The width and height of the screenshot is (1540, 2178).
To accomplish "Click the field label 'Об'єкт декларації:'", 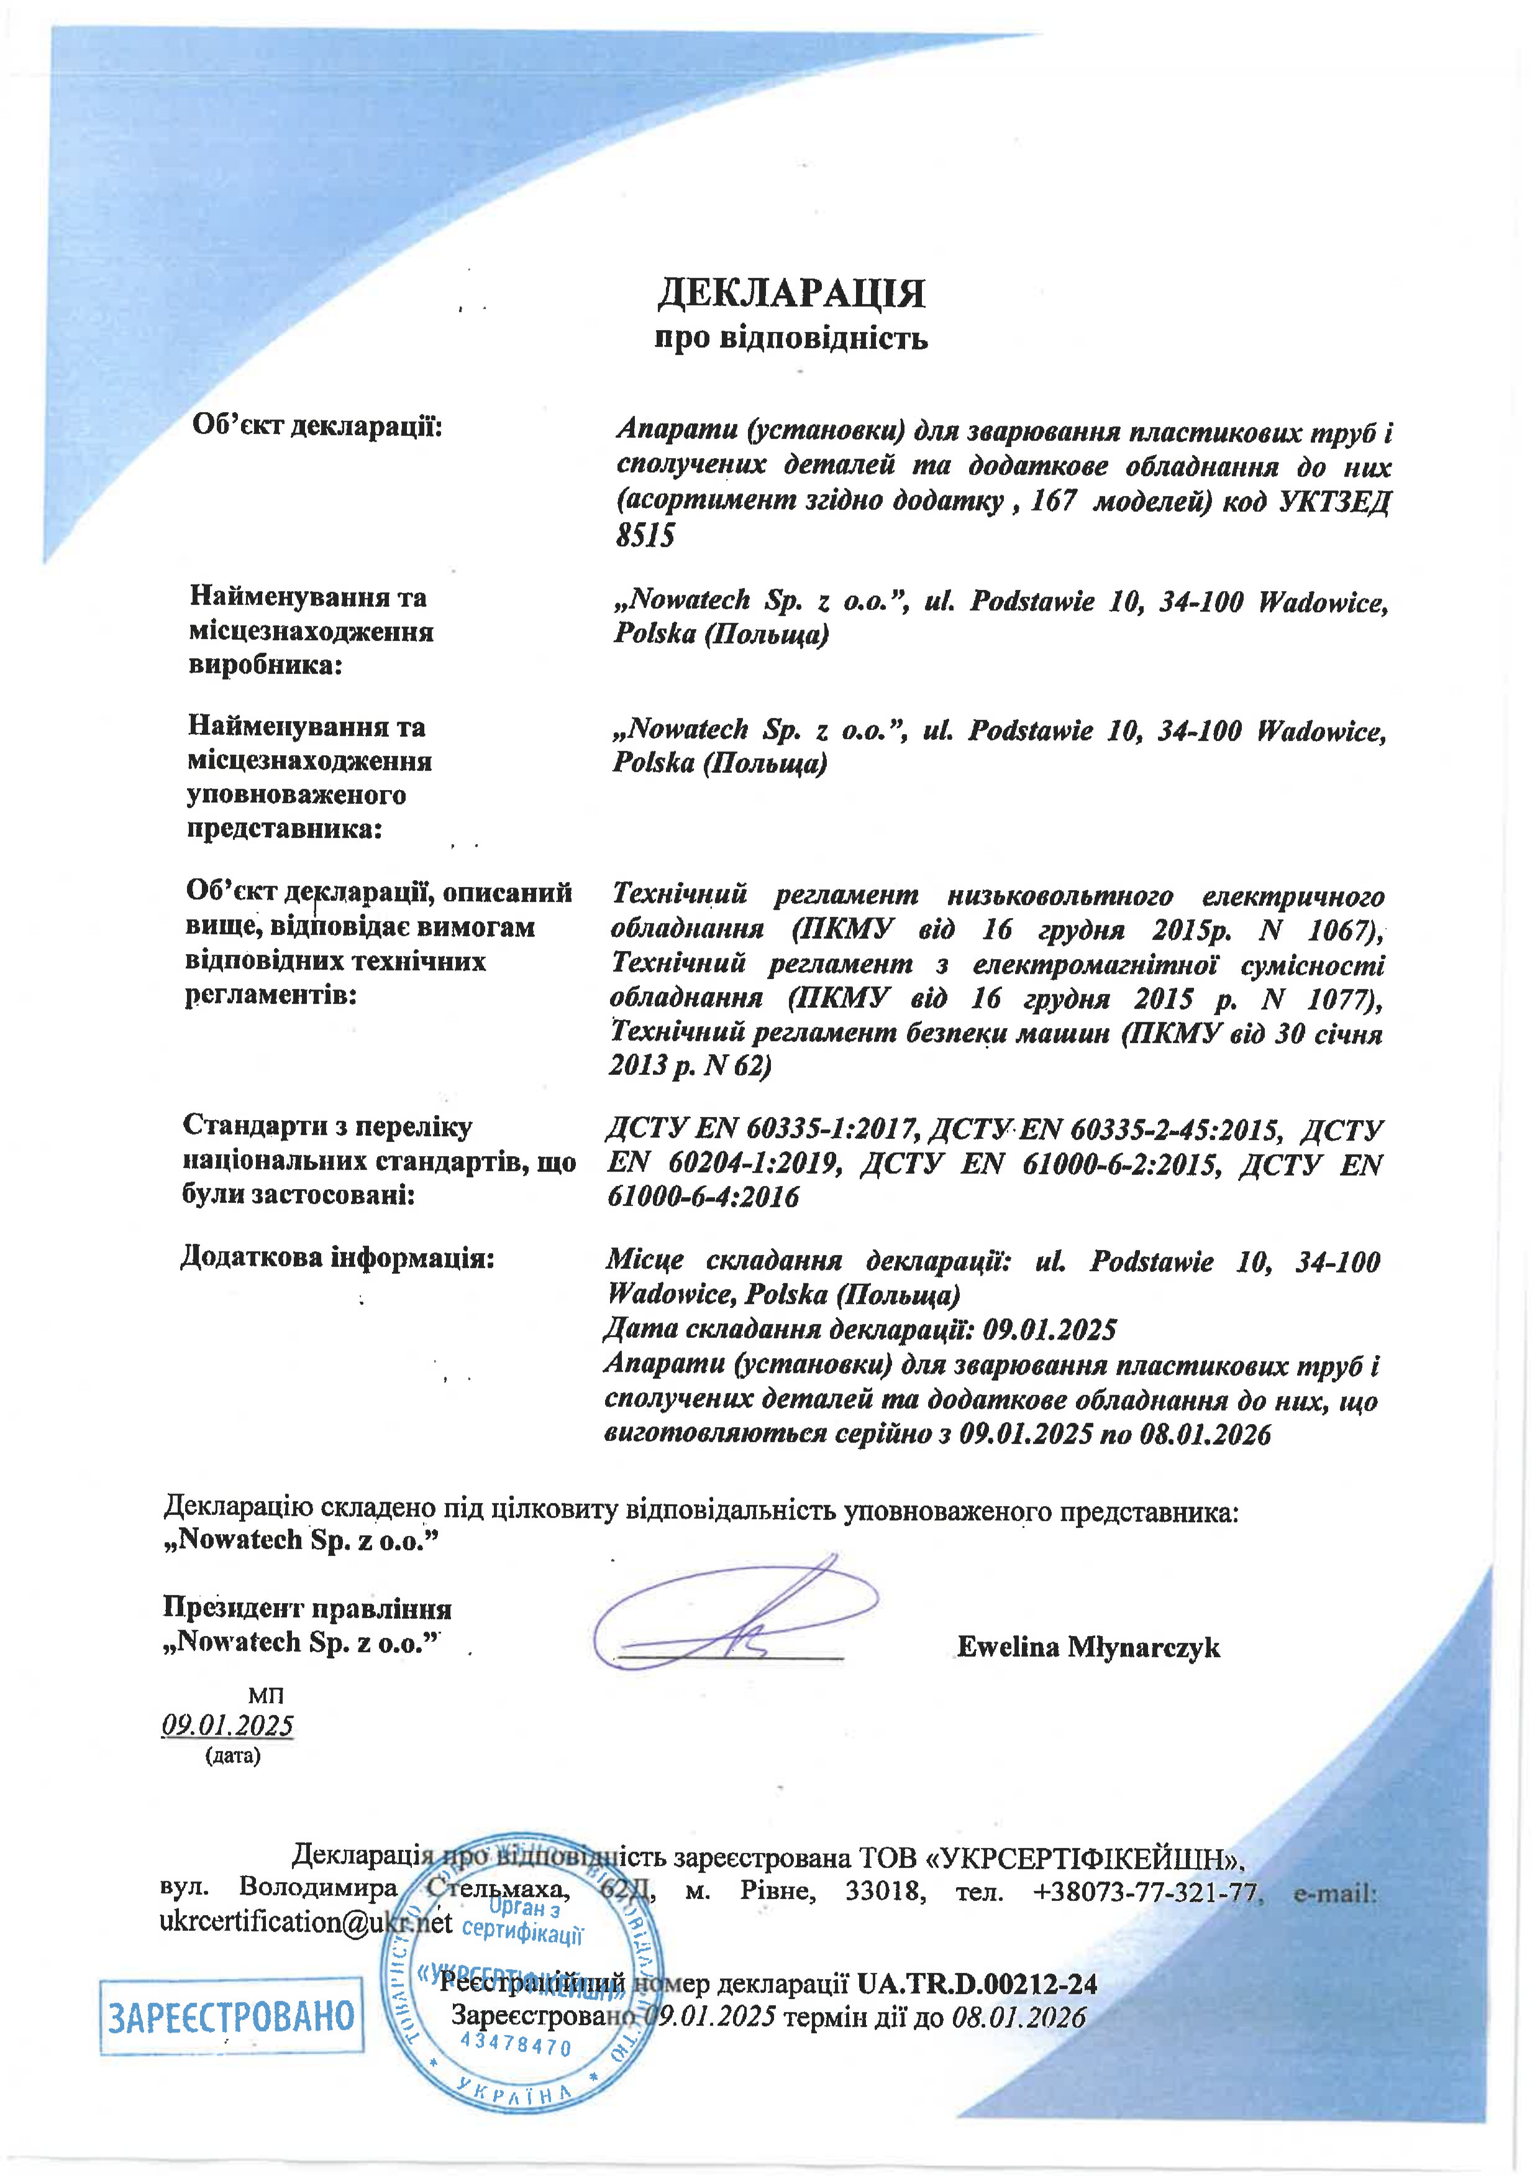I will tap(317, 426).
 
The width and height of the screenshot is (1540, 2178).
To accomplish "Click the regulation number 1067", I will tap(1342, 930).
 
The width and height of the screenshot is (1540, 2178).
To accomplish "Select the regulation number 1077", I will tap(1340, 999).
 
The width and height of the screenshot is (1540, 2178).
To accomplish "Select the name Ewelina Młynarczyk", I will tap(1088, 1648).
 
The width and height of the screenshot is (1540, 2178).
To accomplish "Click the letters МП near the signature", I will tap(265, 1695).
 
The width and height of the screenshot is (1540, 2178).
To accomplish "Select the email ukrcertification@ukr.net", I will tap(306, 1922).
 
